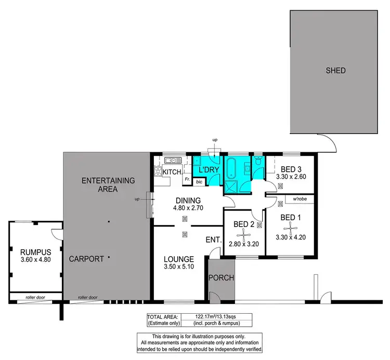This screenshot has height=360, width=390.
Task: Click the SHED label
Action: click(x=335, y=71)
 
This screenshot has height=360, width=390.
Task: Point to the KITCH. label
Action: click(x=172, y=172)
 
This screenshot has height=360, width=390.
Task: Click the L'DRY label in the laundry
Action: click(x=208, y=170)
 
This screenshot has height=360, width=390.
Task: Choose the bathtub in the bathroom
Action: click(x=232, y=169)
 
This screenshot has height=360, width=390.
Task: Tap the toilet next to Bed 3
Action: click(x=258, y=164)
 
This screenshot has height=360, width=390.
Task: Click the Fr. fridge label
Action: click(x=187, y=179)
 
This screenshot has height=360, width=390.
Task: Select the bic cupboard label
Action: click(x=199, y=182)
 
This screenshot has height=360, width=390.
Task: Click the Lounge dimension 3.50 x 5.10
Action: click(x=179, y=269)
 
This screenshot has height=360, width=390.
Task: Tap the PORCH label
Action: click(x=221, y=278)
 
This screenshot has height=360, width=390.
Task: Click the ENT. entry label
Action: click(x=214, y=240)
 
